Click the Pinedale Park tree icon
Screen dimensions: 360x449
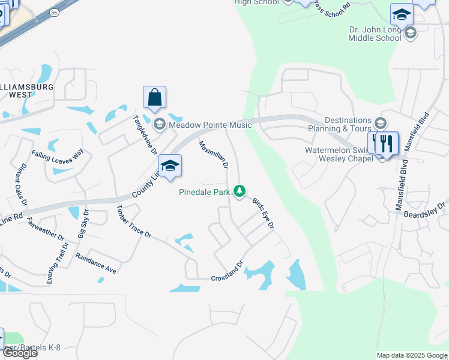click(x=240, y=191)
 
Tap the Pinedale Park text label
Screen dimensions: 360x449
click(x=206, y=193)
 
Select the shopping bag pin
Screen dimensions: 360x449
click(x=154, y=98)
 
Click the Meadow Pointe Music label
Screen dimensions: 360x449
click(x=202, y=125)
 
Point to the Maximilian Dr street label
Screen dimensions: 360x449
click(x=213, y=155)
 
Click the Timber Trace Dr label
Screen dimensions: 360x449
click(x=133, y=221)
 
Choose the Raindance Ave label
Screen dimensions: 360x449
click(x=95, y=262)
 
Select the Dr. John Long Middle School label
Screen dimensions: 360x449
click(x=375, y=34)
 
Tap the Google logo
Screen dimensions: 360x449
click(x=19, y=353)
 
